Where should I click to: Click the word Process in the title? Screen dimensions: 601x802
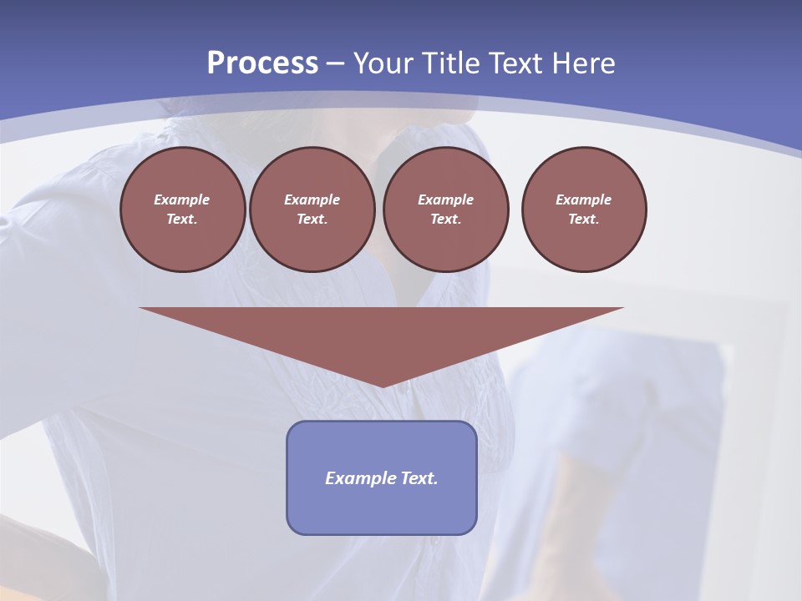262,63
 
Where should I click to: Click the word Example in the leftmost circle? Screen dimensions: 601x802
182,199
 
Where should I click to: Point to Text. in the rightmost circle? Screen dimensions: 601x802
584,219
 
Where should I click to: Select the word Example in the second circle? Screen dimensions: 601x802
312,199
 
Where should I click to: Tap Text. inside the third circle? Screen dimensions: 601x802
446,219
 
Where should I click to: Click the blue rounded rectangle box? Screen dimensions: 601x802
382,509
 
